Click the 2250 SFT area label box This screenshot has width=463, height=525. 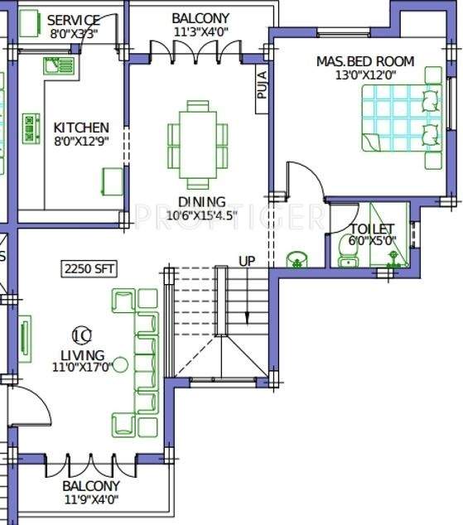click(88, 268)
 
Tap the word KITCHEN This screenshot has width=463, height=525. click(81, 128)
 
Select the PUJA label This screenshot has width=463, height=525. click(262, 85)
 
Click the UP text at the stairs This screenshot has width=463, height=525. click(248, 261)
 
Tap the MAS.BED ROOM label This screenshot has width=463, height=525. click(365, 61)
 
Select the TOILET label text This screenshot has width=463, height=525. click(372, 229)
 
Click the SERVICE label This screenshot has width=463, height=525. click(74, 20)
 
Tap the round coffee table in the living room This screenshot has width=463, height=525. click(121, 364)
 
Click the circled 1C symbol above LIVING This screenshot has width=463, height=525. click(81, 335)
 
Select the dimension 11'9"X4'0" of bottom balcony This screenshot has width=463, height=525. click(91, 499)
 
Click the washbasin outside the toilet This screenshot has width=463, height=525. click(297, 259)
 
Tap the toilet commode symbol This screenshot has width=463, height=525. click(348, 248)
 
